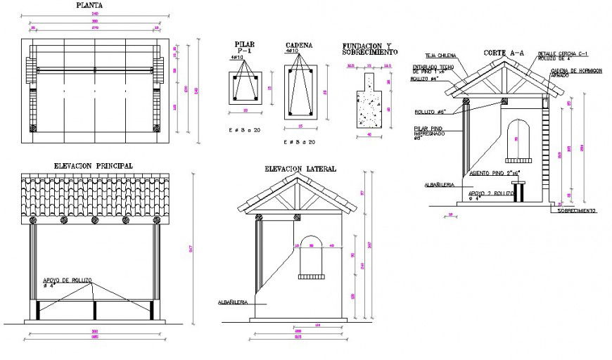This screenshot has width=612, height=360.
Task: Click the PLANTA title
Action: click(x=87, y=6)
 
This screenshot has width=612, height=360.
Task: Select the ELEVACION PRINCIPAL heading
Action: click(x=94, y=165)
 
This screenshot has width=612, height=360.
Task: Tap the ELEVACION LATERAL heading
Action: click(x=300, y=169)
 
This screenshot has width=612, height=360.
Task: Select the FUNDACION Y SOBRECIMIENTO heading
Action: click(x=369, y=48)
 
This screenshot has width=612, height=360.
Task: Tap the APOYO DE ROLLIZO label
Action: click(x=68, y=281)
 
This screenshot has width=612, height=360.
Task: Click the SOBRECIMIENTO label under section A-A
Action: click(x=577, y=210)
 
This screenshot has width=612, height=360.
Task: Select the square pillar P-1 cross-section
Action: click(x=245, y=88)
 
